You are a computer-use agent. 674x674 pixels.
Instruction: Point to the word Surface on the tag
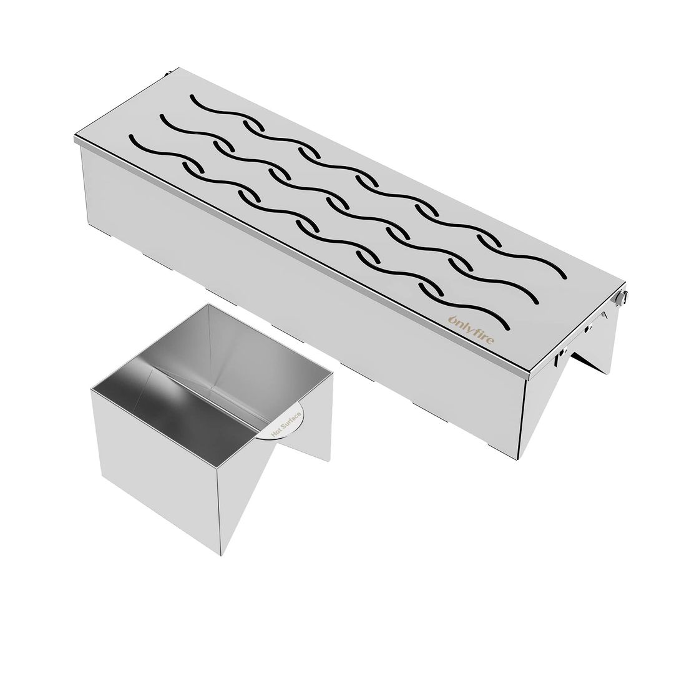coord(293,413)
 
